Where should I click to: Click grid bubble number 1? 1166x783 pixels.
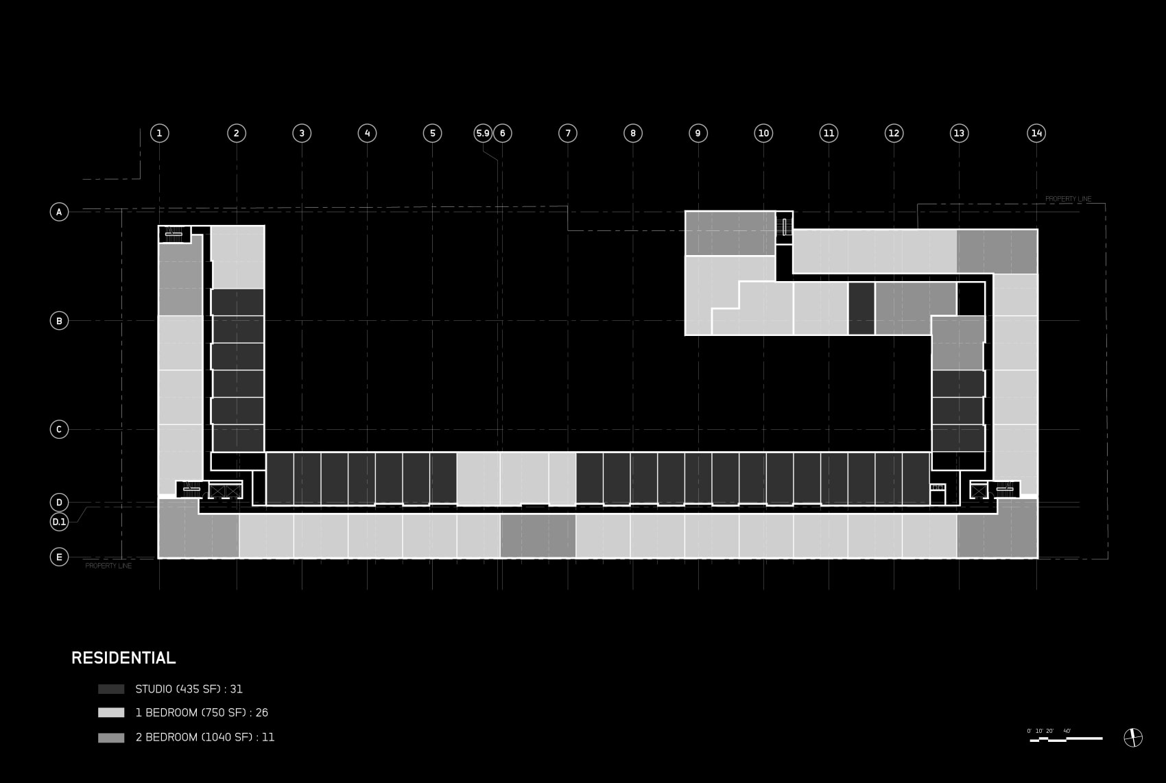159,133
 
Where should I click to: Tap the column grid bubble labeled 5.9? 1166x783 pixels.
483,133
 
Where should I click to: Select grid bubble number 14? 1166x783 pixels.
1036,133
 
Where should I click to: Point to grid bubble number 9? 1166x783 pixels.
698,133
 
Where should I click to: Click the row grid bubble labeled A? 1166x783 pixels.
59,212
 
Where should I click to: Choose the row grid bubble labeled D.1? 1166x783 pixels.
59,522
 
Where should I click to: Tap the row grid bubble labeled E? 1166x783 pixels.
59,557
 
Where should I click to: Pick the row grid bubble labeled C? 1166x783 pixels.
59,429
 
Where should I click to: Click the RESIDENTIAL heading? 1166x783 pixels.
123,658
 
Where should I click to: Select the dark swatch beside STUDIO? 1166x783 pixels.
111,689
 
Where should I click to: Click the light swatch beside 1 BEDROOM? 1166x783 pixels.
111,713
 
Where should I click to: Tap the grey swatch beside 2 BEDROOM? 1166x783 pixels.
111,738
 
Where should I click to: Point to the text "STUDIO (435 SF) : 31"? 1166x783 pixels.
189,689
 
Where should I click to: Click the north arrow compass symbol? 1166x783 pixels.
1133,738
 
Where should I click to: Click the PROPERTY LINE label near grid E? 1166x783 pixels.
108,566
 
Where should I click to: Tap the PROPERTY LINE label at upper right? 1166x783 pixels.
1068,199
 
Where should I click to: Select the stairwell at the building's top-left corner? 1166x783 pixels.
174,234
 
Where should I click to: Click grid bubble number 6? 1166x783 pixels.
503,133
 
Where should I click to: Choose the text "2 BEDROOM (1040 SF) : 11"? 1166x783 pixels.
204,738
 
